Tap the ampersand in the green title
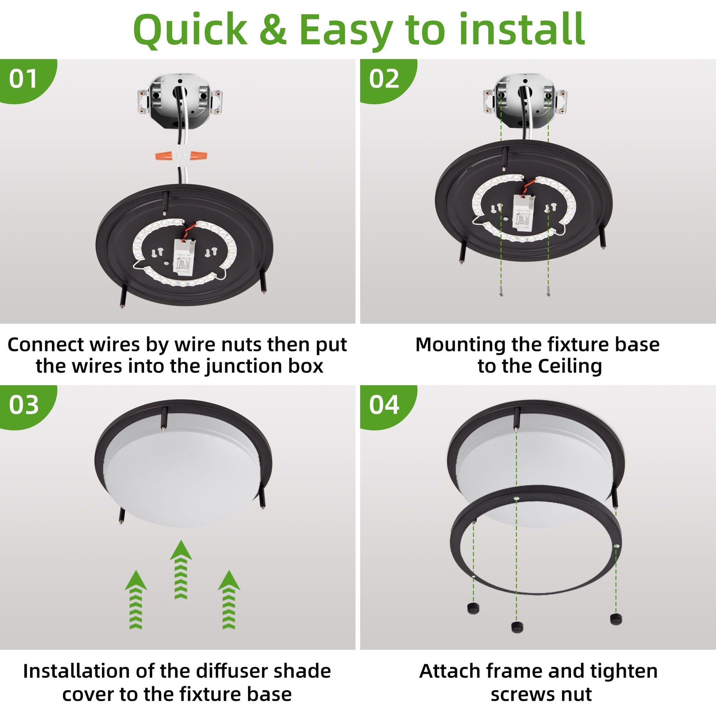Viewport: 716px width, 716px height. pyautogui.click(x=273, y=30)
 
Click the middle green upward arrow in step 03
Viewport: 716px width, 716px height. pyautogui.click(x=181, y=569)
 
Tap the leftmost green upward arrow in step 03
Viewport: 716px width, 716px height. pyautogui.click(x=136, y=599)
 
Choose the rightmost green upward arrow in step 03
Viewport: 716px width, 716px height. pyautogui.click(x=228, y=599)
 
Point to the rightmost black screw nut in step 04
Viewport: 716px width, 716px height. pyautogui.click(x=616, y=618)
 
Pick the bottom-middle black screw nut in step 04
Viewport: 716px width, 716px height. pyautogui.click(x=517, y=627)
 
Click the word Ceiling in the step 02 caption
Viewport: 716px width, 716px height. pyautogui.click(x=570, y=366)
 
